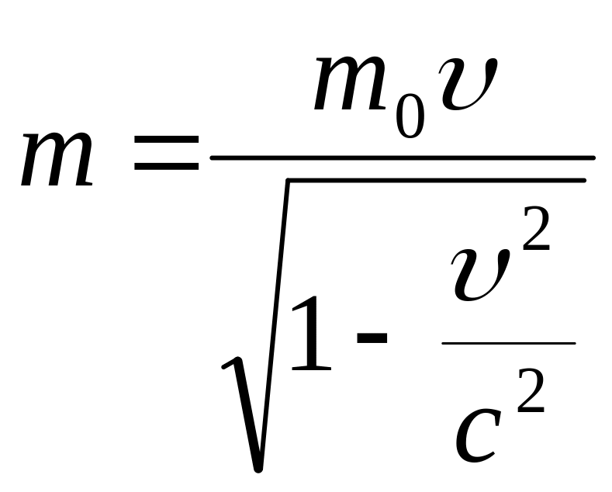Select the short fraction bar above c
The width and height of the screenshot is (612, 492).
coord(508,343)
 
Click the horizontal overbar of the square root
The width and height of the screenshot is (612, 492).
coord(434,181)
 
